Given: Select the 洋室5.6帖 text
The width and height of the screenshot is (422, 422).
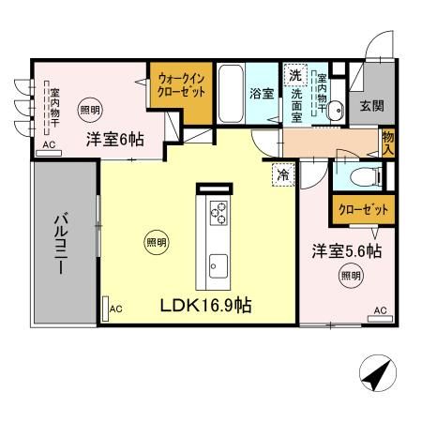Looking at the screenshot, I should (x=346, y=251).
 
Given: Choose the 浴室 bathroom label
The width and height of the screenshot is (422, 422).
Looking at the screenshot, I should (x=260, y=94).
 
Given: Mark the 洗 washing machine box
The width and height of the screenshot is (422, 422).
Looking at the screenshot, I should (x=294, y=75).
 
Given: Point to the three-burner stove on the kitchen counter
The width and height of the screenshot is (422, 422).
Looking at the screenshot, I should (x=219, y=214).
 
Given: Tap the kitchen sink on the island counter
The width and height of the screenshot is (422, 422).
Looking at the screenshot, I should (x=218, y=264).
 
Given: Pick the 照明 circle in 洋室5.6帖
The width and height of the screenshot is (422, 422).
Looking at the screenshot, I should (x=349, y=276).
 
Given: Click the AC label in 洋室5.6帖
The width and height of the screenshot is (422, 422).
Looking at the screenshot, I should (x=381, y=310).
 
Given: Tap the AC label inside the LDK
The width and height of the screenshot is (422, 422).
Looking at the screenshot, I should (x=116, y=309).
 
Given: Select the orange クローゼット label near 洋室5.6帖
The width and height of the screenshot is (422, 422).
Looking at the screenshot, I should (x=361, y=210).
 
